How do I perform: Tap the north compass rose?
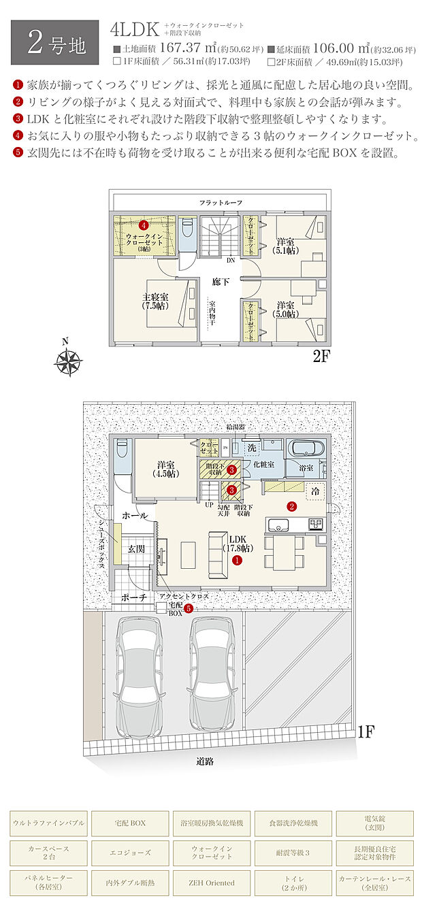[x=68, y=360]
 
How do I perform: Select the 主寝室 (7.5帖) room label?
[x=156, y=301]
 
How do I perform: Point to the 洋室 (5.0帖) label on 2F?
[x=286, y=310]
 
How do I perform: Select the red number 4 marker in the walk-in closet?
[x=144, y=224]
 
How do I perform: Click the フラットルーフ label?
[x=221, y=203]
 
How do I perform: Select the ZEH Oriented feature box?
[x=212, y=883]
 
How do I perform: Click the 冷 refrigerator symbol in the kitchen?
[x=315, y=490]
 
